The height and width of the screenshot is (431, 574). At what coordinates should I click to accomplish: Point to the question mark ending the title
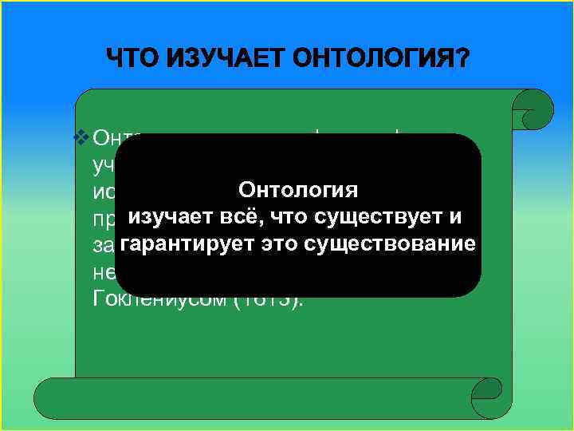[462, 59]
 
